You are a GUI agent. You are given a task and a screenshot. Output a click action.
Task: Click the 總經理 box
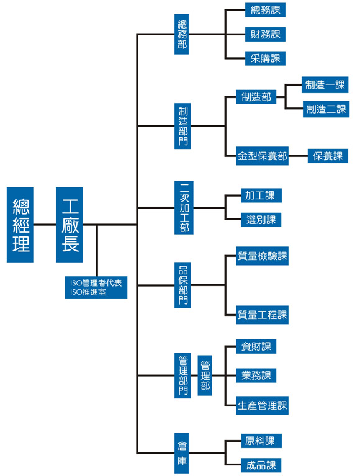coord(20,224)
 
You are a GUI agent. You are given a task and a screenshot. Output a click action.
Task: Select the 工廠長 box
coord(70,224)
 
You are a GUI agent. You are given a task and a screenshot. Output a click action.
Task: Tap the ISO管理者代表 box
coord(96,287)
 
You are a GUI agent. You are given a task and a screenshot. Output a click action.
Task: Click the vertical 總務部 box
coord(181,34)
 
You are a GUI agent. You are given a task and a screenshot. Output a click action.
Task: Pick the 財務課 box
coord(265,34)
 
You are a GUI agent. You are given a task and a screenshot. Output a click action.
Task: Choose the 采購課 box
coord(265,58)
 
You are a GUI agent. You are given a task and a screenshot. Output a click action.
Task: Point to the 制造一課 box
coord(325,84)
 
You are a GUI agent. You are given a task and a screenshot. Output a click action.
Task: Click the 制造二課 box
coord(326,109)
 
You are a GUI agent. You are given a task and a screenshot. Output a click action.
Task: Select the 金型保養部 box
coord(263,156)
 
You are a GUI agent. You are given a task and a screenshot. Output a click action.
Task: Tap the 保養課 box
coord(328,156)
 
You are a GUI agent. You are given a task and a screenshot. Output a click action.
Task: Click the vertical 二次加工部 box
coord(184,208)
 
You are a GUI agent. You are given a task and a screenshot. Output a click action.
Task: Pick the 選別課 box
coord(261,220)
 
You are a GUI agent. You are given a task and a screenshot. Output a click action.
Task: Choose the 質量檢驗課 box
coord(263,256)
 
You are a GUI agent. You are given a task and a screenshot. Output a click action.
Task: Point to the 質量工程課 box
coord(263,315)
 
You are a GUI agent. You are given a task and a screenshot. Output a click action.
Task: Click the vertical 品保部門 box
coord(182,285)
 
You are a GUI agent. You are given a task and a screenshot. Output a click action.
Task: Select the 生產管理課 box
coord(263,405)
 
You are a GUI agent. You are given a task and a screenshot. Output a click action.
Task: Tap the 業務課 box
coord(256,375)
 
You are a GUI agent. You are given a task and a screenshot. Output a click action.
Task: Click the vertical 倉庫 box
coord(181,453)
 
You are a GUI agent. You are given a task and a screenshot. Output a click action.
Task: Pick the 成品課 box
coord(261,465)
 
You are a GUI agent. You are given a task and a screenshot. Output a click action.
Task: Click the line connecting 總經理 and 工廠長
coord(45,225)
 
